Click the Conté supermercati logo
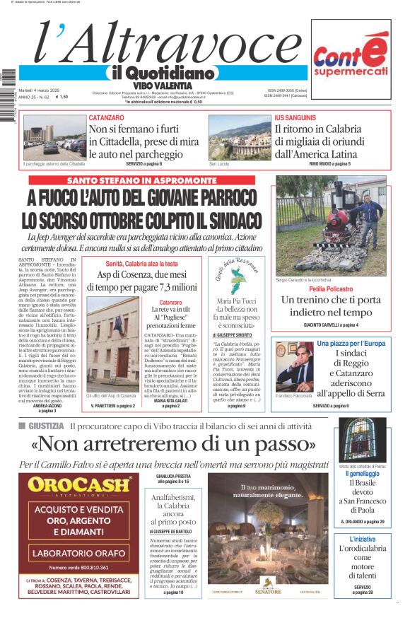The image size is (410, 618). [x=351, y=59]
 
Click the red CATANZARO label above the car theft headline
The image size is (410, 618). [x=107, y=118]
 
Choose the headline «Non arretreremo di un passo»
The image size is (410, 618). [x=174, y=445]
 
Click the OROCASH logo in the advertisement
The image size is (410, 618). [x=80, y=485]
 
